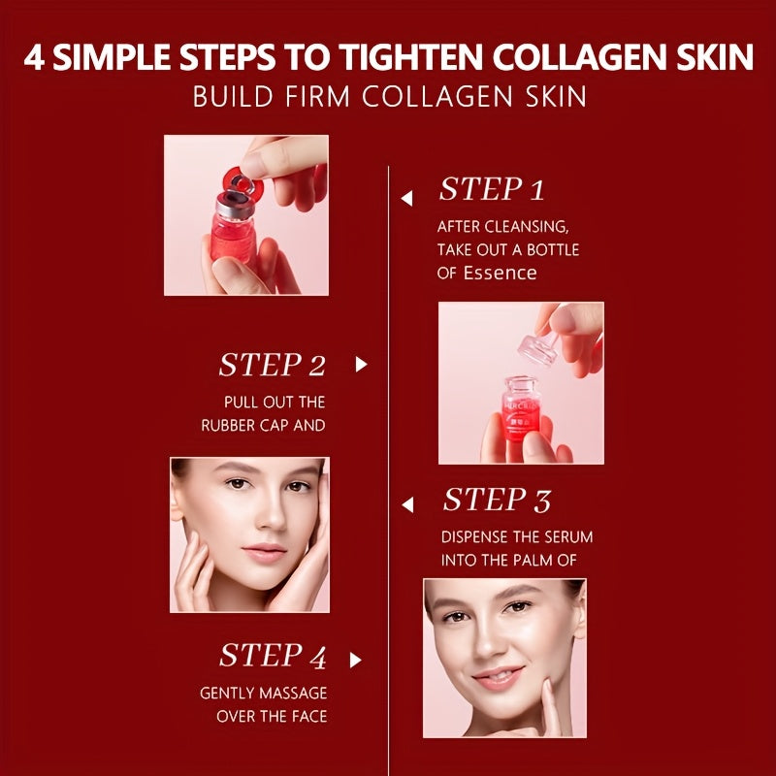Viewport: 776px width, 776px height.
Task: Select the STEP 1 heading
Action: [492, 189]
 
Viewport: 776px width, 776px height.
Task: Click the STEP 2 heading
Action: [272, 365]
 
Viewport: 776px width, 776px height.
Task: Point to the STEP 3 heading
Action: [497, 501]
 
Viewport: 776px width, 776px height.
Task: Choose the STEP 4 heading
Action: [273, 656]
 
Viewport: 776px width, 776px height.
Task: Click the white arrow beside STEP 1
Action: [407, 198]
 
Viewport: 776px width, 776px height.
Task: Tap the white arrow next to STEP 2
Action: [361, 365]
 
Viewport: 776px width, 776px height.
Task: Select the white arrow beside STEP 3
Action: [407, 503]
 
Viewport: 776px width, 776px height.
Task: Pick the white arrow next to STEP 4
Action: [355, 660]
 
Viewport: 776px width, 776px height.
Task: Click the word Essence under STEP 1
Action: [500, 273]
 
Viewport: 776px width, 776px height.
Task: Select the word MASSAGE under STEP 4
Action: [293, 693]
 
